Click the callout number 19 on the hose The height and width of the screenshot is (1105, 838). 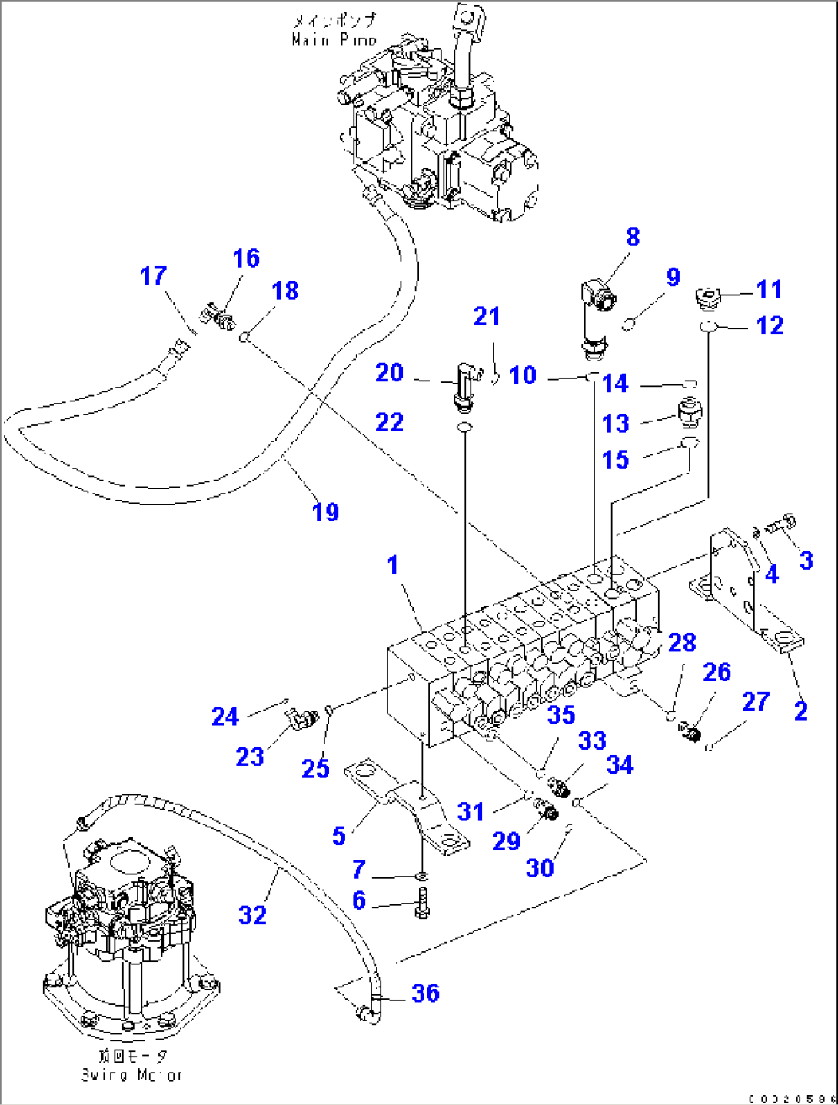[x=325, y=512]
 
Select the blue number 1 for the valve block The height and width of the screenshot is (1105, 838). [x=393, y=564]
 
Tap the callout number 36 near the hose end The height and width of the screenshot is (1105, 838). [x=425, y=993]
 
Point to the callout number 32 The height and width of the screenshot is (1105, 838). [x=252, y=915]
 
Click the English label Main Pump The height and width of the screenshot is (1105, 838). [x=334, y=40]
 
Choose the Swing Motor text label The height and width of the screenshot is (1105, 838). [x=132, y=1075]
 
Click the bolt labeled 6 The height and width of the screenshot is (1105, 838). [x=422, y=901]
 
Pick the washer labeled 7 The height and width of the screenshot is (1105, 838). [x=422, y=876]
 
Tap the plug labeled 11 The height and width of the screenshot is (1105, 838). [x=707, y=295]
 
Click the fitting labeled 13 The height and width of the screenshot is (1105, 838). [x=689, y=413]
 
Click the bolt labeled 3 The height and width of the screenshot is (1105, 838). [x=783, y=524]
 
